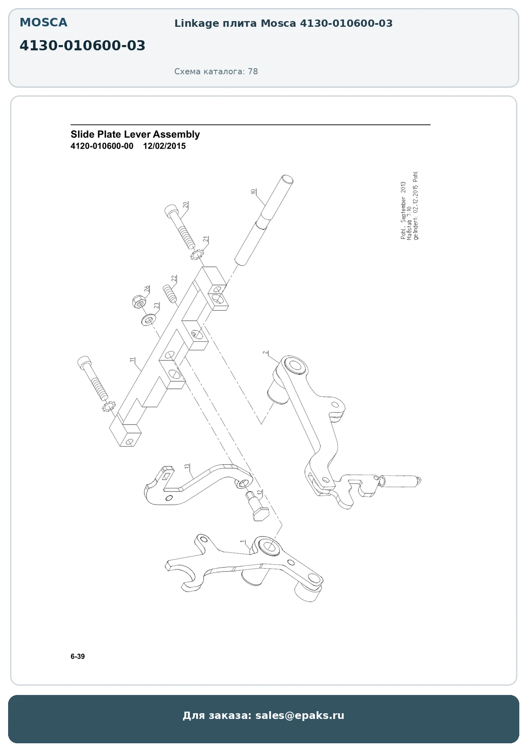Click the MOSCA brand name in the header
(43, 23)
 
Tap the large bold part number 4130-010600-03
(82, 46)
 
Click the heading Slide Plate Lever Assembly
(135, 134)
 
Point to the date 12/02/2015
(164, 146)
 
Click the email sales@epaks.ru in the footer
(300, 715)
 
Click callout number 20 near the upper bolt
(185, 205)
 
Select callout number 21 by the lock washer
(206, 239)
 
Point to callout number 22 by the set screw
(174, 279)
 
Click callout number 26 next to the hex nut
(147, 289)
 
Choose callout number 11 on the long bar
(132, 360)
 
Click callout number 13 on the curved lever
(187, 467)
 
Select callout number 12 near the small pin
(259, 493)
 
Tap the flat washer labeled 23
(148, 320)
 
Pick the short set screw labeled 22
(170, 294)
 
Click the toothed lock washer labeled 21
(198, 255)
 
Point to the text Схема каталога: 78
(216, 72)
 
